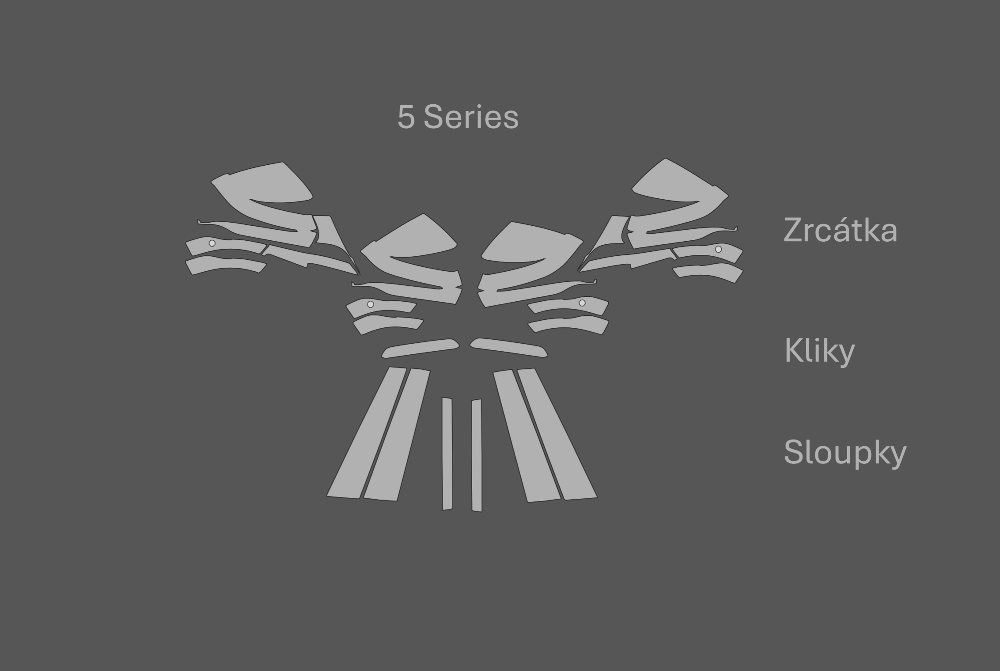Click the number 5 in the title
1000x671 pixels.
406,117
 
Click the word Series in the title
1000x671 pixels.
471,117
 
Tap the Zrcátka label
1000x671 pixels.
840,231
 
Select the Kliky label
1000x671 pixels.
819,352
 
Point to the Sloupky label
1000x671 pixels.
845,452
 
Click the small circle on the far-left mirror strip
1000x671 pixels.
212,243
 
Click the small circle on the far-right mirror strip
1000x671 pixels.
718,249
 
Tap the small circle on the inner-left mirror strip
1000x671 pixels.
371,304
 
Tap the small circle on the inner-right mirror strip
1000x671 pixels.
582,303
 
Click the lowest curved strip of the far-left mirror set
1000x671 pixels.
225,265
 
